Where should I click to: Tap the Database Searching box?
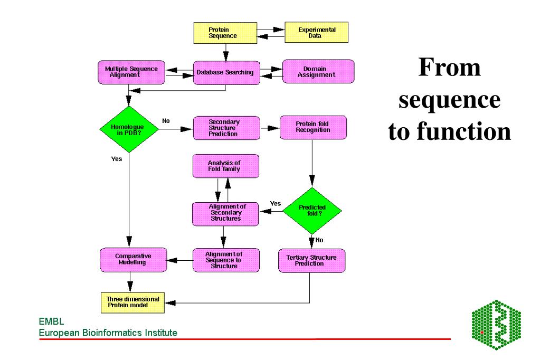pos(225,72)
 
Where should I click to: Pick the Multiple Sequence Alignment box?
pos(131,72)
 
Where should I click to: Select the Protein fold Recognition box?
pos(313,127)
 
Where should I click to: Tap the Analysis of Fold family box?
pos(225,166)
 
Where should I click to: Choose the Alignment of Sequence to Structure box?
pos(225,260)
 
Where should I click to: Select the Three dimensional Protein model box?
pos(130,302)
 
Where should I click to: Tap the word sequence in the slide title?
pos(449,100)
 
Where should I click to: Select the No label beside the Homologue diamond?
pos(166,121)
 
